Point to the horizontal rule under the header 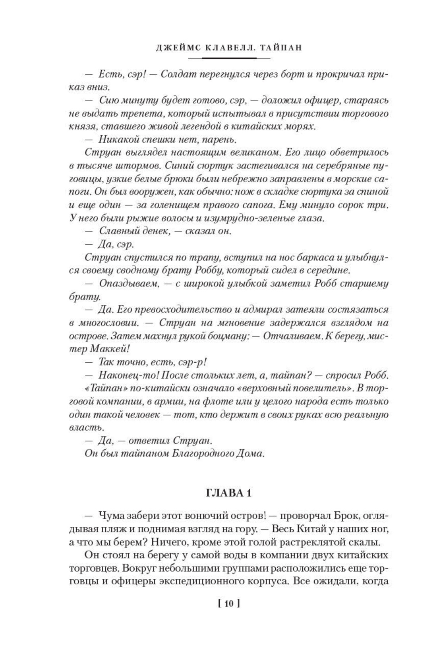pos(229,58)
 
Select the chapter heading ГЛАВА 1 pos(229,493)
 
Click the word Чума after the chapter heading pos(110,516)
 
